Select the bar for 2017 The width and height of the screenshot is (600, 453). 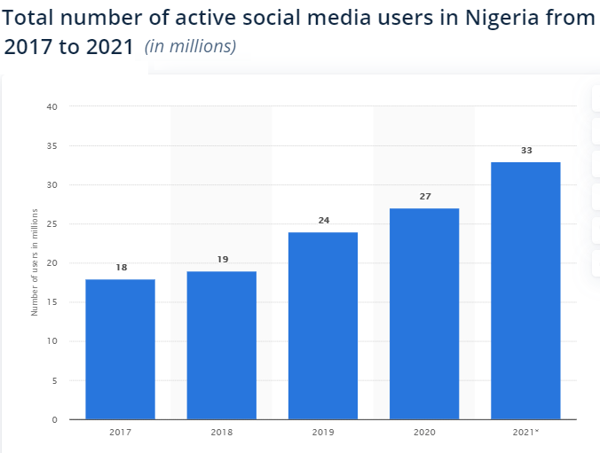click(120, 349)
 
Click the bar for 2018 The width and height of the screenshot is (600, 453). click(221, 345)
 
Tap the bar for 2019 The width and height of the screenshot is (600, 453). click(323, 325)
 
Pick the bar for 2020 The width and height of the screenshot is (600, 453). click(424, 314)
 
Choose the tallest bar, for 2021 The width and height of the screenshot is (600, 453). click(525, 291)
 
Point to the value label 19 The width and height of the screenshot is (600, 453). click(222, 259)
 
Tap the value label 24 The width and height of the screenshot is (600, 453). click(323, 220)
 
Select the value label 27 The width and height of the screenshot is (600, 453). click(424, 196)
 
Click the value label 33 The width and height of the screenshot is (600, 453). click(525, 151)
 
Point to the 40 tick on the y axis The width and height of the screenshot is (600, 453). click(51, 107)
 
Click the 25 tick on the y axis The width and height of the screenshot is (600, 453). click(51, 224)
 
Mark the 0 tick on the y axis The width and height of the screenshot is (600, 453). click(54, 419)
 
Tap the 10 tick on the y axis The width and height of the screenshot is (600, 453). click(51, 341)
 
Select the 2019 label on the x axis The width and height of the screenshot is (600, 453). click(323, 432)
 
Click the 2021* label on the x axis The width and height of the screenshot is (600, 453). click(525, 432)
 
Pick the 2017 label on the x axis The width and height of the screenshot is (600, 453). click(120, 432)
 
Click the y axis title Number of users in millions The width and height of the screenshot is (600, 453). click(35, 262)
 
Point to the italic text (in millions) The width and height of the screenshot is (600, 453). click(191, 46)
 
